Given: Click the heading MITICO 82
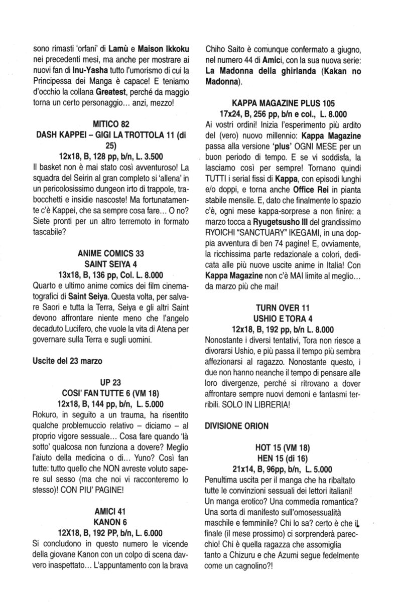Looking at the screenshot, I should tap(112, 123).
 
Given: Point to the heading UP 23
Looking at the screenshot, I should tap(112, 384).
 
